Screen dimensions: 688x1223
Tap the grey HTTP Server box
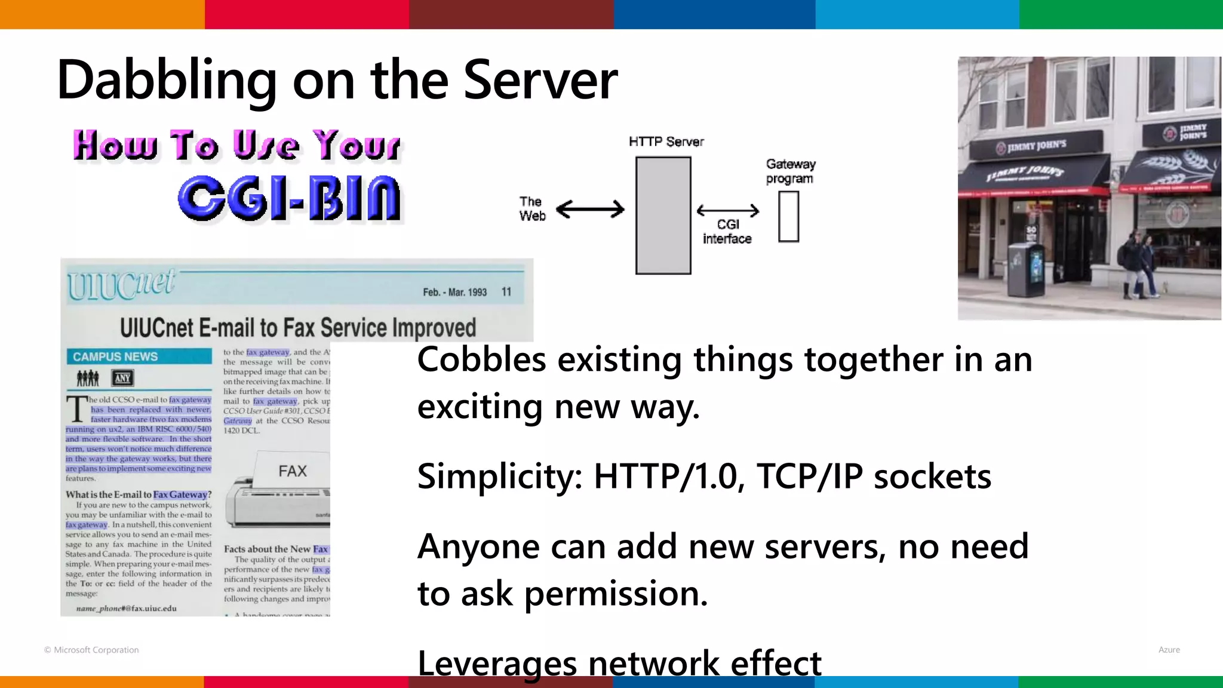coord(663,215)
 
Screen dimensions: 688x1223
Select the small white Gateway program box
coord(788,217)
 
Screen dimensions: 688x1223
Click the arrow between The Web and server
coord(590,209)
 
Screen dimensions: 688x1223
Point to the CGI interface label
coord(727,232)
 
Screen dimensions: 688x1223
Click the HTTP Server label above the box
coord(666,142)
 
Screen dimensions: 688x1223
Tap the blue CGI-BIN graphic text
coord(289,198)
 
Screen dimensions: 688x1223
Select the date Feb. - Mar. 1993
coord(454,292)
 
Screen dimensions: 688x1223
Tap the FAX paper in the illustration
coord(292,471)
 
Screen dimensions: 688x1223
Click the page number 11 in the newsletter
coord(506,291)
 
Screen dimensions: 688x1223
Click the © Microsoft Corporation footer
coord(91,650)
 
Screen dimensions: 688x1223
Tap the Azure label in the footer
coord(1169,650)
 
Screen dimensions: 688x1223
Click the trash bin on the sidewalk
coord(1025,270)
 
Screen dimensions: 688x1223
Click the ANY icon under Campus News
coord(122,378)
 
